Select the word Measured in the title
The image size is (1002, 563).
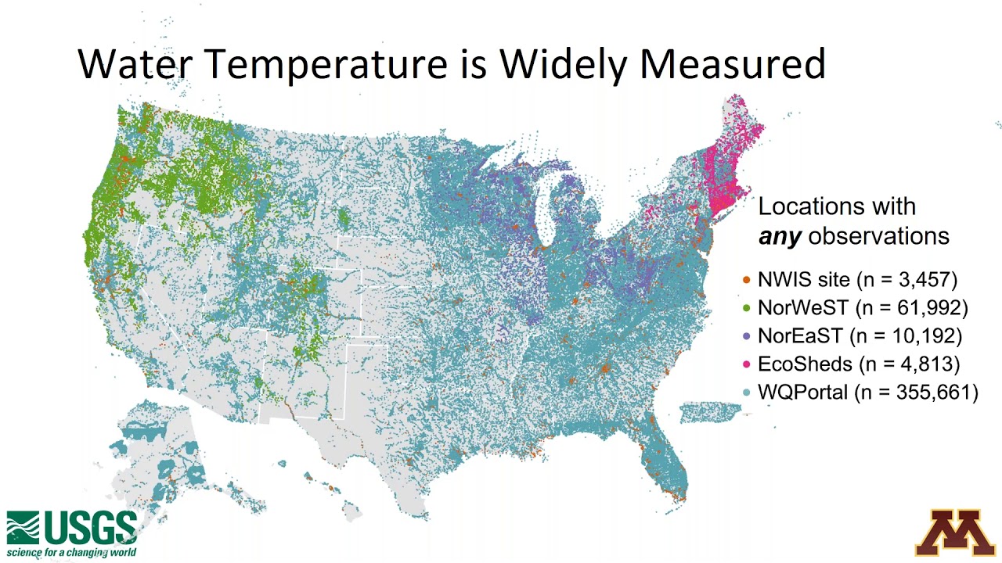(733, 64)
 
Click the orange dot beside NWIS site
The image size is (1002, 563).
(746, 279)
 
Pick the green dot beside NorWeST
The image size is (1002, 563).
(746, 307)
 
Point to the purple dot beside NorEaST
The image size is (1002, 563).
(746, 336)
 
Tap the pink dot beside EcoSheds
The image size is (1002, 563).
(746, 364)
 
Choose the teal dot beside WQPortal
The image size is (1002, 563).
(746, 393)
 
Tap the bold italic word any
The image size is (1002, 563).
(780, 237)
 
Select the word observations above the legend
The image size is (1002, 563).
(878, 236)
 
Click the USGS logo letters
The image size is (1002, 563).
(91, 529)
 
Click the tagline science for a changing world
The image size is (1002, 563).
(71, 554)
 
